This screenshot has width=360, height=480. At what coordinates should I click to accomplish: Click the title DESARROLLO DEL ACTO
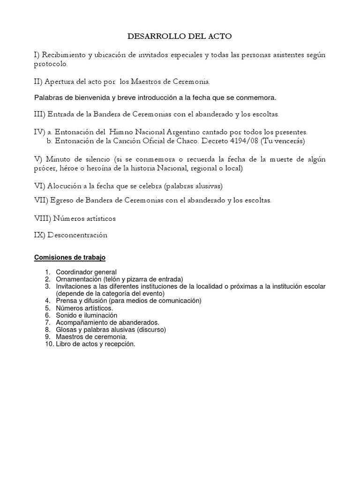(180, 36)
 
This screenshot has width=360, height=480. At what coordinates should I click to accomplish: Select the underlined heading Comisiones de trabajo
(70, 257)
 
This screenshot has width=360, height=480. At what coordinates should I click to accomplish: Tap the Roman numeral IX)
(39, 235)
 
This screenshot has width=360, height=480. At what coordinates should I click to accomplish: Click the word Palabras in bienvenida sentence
(48, 98)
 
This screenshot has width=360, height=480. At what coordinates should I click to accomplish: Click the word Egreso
(61, 200)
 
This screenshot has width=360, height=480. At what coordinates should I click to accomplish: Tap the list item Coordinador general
(86, 272)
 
